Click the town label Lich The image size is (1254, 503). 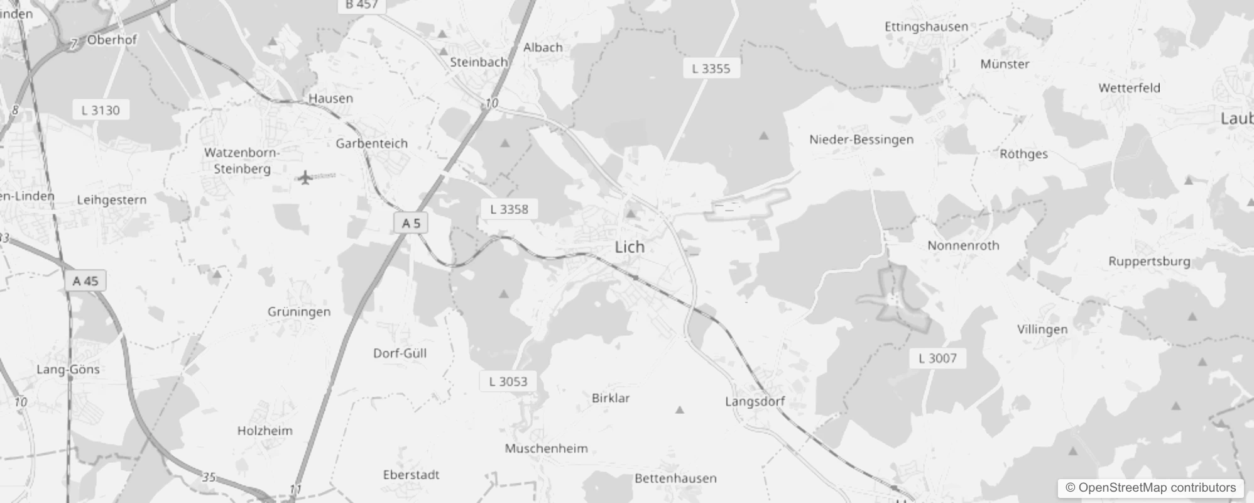[630, 247]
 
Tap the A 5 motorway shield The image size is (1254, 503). [411, 223]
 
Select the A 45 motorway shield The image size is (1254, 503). [85, 280]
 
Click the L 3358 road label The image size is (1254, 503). [509, 209]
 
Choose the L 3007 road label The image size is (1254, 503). [937, 358]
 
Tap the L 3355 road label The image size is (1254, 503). [711, 69]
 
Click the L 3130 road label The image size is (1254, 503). [101, 111]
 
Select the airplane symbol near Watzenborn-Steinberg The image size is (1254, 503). [305, 178]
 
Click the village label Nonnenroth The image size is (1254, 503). [963, 246]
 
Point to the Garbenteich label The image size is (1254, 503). [371, 143]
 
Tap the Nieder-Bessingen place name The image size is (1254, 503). [861, 140]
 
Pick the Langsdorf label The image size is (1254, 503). [755, 401]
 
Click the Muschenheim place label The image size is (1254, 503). [546, 448]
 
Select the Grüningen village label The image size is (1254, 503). [298, 312]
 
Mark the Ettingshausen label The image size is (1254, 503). [926, 27]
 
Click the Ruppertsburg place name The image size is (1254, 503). [1148, 262]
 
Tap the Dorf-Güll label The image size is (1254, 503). [400, 353]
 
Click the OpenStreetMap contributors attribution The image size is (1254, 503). [1150, 487]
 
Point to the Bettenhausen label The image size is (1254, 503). [675, 478]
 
